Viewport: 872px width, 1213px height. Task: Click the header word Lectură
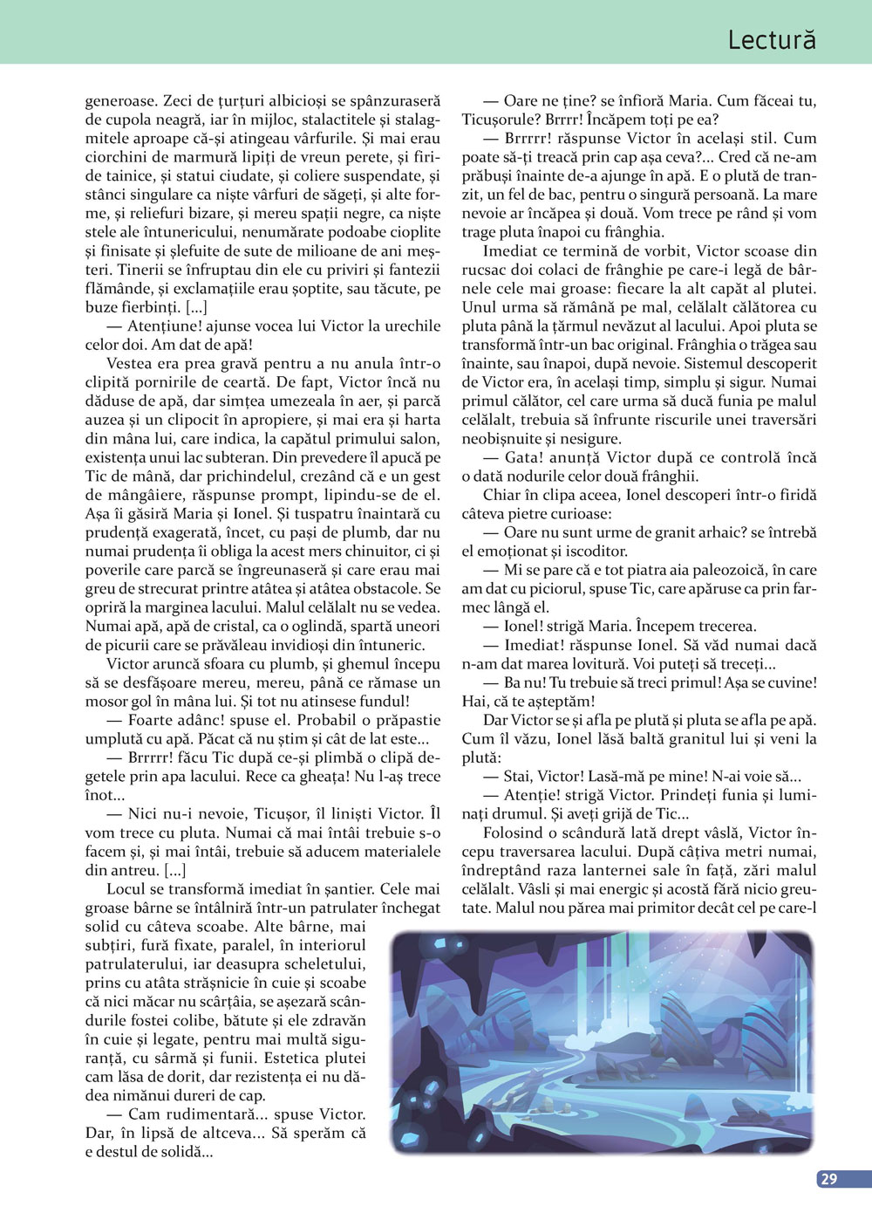click(x=771, y=39)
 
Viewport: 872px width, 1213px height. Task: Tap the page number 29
click(x=828, y=1178)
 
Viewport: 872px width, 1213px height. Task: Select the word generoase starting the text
click(x=120, y=100)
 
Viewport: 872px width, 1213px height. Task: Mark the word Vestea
click(x=129, y=363)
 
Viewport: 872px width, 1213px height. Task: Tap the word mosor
click(x=107, y=701)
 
